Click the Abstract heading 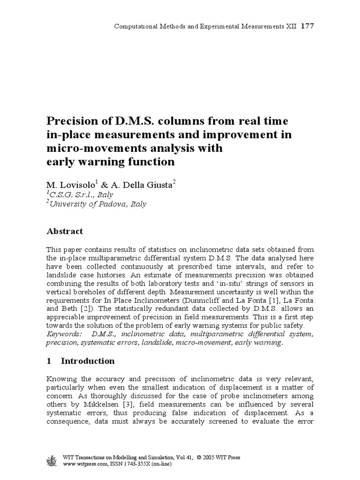click(x=64, y=231)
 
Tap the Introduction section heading click(x=88, y=361)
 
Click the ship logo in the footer click(x=52, y=461)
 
